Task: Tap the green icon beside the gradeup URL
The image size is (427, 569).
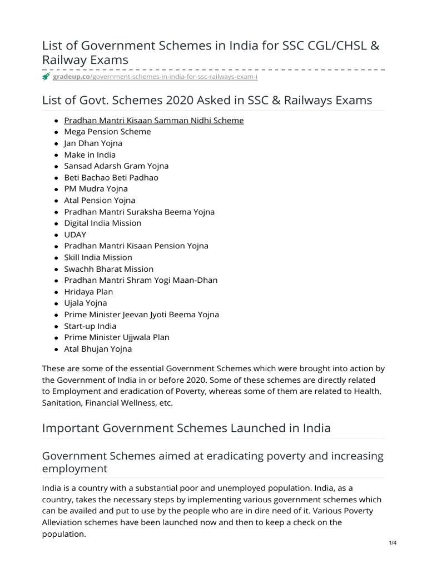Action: pyautogui.click(x=46, y=77)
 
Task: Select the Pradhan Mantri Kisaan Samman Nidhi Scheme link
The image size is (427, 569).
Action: pyautogui.click(x=153, y=120)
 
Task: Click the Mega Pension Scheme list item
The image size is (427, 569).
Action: pyautogui.click(x=107, y=132)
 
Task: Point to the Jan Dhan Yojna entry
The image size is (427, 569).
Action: pyautogui.click(x=93, y=143)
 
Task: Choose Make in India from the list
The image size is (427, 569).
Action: pyautogui.click(x=90, y=154)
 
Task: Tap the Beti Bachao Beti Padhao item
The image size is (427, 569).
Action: pyautogui.click(x=111, y=177)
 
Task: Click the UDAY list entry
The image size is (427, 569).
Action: pyautogui.click(x=75, y=234)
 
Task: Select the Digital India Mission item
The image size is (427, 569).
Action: pyautogui.click(x=102, y=223)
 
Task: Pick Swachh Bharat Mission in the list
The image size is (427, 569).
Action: pyautogui.click(x=108, y=269)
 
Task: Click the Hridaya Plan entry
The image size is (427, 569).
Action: pyautogui.click(x=88, y=292)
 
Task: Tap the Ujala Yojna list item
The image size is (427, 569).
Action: pyautogui.click(x=85, y=303)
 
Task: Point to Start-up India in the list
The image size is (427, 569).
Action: pyautogui.click(x=90, y=326)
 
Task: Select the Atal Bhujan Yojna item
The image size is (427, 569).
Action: pyautogui.click(x=98, y=349)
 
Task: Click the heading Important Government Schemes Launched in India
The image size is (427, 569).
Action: pyautogui.click(x=186, y=428)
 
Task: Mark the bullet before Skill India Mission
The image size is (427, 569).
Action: pyautogui.click(x=56, y=258)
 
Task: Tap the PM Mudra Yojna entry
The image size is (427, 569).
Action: pyautogui.click(x=96, y=189)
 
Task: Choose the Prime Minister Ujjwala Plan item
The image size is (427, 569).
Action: pyautogui.click(x=117, y=337)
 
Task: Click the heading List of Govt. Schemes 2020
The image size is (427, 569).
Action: pyautogui.click(x=207, y=100)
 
